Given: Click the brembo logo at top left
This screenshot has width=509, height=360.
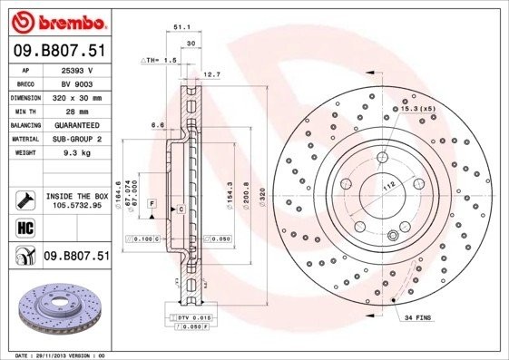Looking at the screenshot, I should [56, 20].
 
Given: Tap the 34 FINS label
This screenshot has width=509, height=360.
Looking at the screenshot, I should [417, 318].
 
